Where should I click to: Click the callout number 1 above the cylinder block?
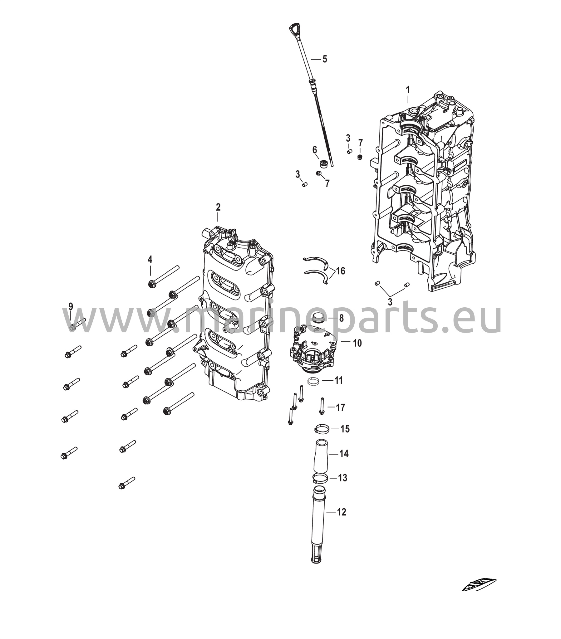point(408,90)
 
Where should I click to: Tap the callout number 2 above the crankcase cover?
point(218,207)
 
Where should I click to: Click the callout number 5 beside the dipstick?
point(324,59)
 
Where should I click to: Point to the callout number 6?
point(315,150)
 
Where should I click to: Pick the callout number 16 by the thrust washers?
point(340,271)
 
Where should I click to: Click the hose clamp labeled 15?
point(322,429)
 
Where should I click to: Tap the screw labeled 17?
point(321,406)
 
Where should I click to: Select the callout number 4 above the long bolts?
point(150,259)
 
